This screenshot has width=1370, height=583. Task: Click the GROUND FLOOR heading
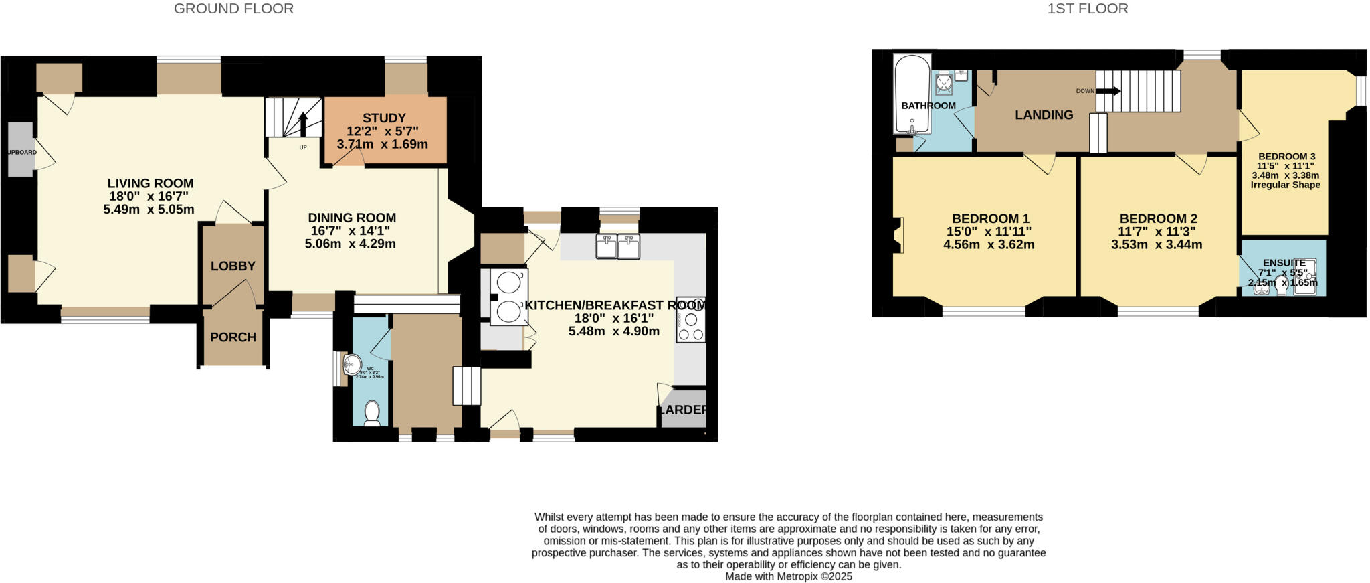click(x=233, y=9)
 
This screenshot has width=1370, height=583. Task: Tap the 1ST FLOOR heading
click(x=1088, y=9)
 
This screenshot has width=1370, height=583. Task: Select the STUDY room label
click(x=384, y=118)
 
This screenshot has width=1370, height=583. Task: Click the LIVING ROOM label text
click(x=151, y=183)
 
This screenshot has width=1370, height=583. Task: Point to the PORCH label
click(x=233, y=337)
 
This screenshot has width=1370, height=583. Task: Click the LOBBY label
click(x=233, y=266)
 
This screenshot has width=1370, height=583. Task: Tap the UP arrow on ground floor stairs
click(x=302, y=124)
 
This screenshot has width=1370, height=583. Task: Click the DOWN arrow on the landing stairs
click(x=1108, y=91)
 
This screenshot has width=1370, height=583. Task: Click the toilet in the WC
click(x=372, y=413)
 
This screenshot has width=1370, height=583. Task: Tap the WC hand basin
click(x=351, y=365)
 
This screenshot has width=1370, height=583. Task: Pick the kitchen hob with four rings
click(x=690, y=320)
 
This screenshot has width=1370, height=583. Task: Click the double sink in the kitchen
click(x=617, y=246)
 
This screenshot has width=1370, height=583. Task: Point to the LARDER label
click(x=683, y=410)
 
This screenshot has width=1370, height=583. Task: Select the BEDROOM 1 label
click(x=990, y=219)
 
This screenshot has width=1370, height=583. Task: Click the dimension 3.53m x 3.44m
click(x=1157, y=245)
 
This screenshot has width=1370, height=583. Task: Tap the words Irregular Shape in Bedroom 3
click(x=1285, y=185)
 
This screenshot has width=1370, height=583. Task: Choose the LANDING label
click(x=1044, y=115)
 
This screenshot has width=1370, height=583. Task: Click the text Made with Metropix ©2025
click(x=789, y=576)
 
